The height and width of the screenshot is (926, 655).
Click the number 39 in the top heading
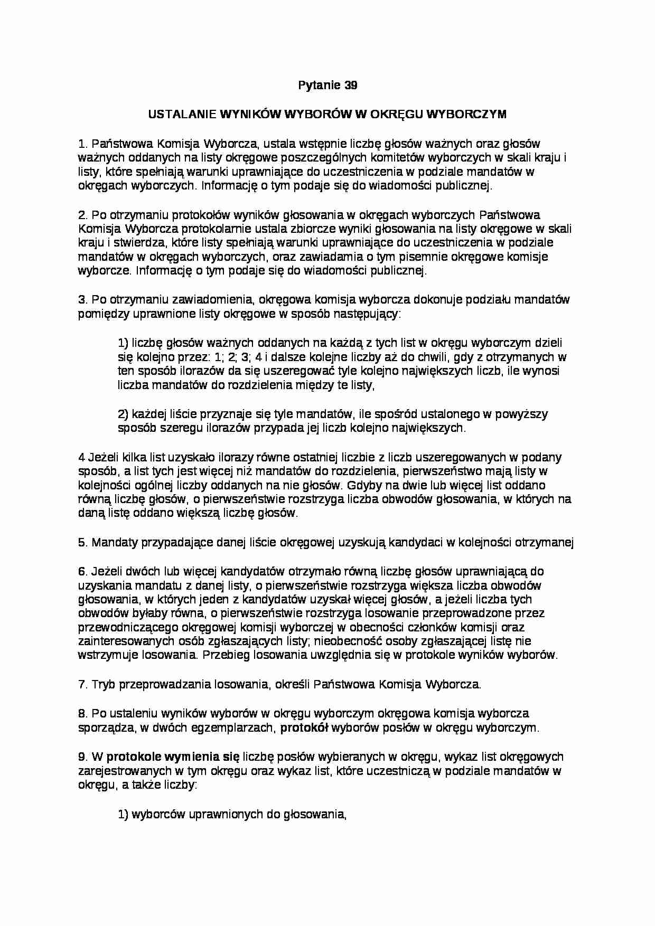click(x=350, y=85)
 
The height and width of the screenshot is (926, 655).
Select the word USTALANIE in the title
click(x=182, y=114)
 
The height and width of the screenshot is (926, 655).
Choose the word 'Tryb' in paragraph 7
click(x=104, y=685)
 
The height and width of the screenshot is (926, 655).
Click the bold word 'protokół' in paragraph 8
click(x=304, y=728)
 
